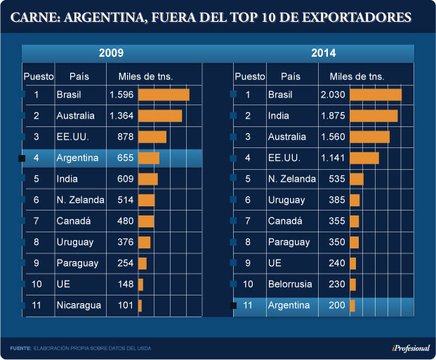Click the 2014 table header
tap(322, 53)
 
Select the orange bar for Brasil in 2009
tap(164, 95)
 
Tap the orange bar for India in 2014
tap(374, 116)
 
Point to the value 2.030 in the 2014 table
tap(333, 95)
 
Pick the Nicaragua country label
tap(79, 305)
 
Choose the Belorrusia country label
tap(291, 284)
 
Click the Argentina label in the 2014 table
tap(289, 305)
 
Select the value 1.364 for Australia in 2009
tap(121, 116)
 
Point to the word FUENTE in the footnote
tap(20, 347)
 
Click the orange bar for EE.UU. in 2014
tap(364, 158)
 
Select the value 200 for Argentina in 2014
tap(337, 305)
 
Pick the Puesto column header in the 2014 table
tap(250, 76)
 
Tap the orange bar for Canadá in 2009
tap(146, 221)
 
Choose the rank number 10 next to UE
tap(37, 284)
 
